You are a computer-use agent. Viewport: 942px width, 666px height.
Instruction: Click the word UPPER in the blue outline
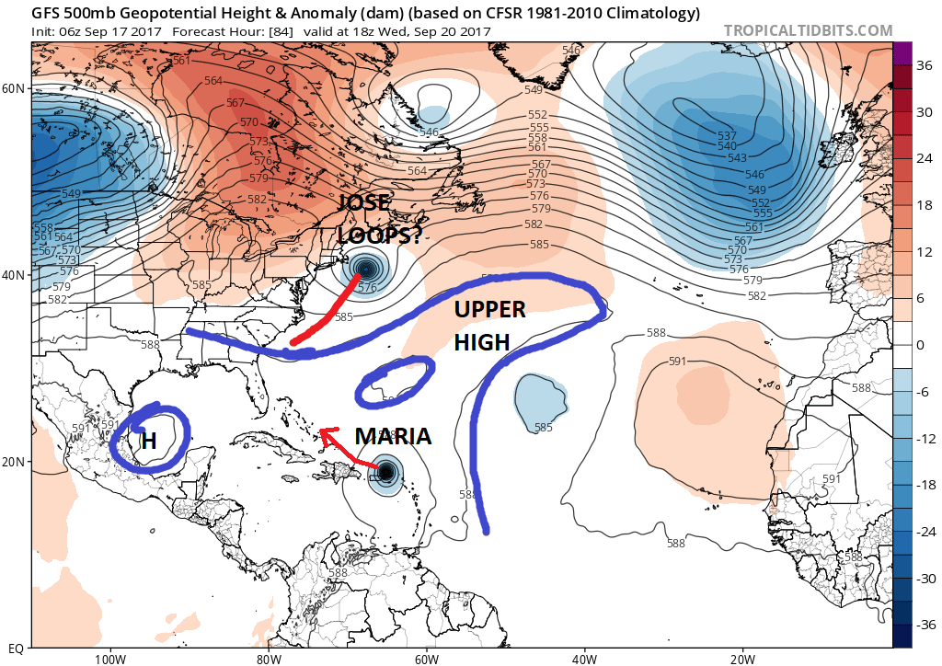point(489,310)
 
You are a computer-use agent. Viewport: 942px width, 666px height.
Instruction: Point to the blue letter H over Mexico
point(148,442)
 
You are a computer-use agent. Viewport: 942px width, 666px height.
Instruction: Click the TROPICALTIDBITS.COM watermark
point(808,30)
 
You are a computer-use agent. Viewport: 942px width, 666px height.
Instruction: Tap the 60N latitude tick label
point(14,88)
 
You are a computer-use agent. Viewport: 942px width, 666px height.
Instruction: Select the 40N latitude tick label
point(14,275)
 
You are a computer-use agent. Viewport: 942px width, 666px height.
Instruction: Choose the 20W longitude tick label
point(742,659)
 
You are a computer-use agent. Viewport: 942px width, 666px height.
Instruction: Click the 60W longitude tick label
point(426,659)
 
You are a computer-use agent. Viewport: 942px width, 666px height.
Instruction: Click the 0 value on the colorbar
point(920,345)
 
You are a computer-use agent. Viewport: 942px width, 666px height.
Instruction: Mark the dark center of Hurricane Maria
point(386,472)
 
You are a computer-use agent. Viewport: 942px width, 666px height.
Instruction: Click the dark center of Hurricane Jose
point(367,270)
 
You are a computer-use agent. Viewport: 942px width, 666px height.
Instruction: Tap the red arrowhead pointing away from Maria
point(323,434)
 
